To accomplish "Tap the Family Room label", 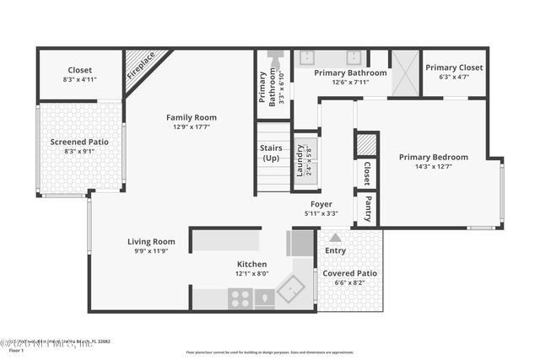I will pyautogui.click(x=191, y=117).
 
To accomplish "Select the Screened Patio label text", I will pyautogui.click(x=79, y=142).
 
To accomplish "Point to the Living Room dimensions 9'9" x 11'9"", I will pyautogui.click(x=151, y=250).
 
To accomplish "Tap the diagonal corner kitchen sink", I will pyautogui.click(x=291, y=291).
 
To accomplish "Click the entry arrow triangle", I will pyautogui.click(x=335, y=238).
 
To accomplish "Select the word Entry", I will pyautogui.click(x=335, y=250).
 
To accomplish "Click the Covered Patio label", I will pyautogui.click(x=349, y=273).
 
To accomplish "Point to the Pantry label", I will pyautogui.click(x=368, y=210).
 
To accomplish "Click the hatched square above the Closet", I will pyautogui.click(x=366, y=144).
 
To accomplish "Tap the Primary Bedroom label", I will pyautogui.click(x=433, y=157).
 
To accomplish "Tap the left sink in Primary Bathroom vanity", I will pyautogui.click(x=307, y=58).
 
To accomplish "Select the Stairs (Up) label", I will pyautogui.click(x=271, y=153).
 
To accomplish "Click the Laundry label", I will pyautogui.click(x=299, y=158).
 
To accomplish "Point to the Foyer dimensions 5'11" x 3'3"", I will pyautogui.click(x=320, y=213).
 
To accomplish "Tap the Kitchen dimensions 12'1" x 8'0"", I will pyautogui.click(x=251, y=273).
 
